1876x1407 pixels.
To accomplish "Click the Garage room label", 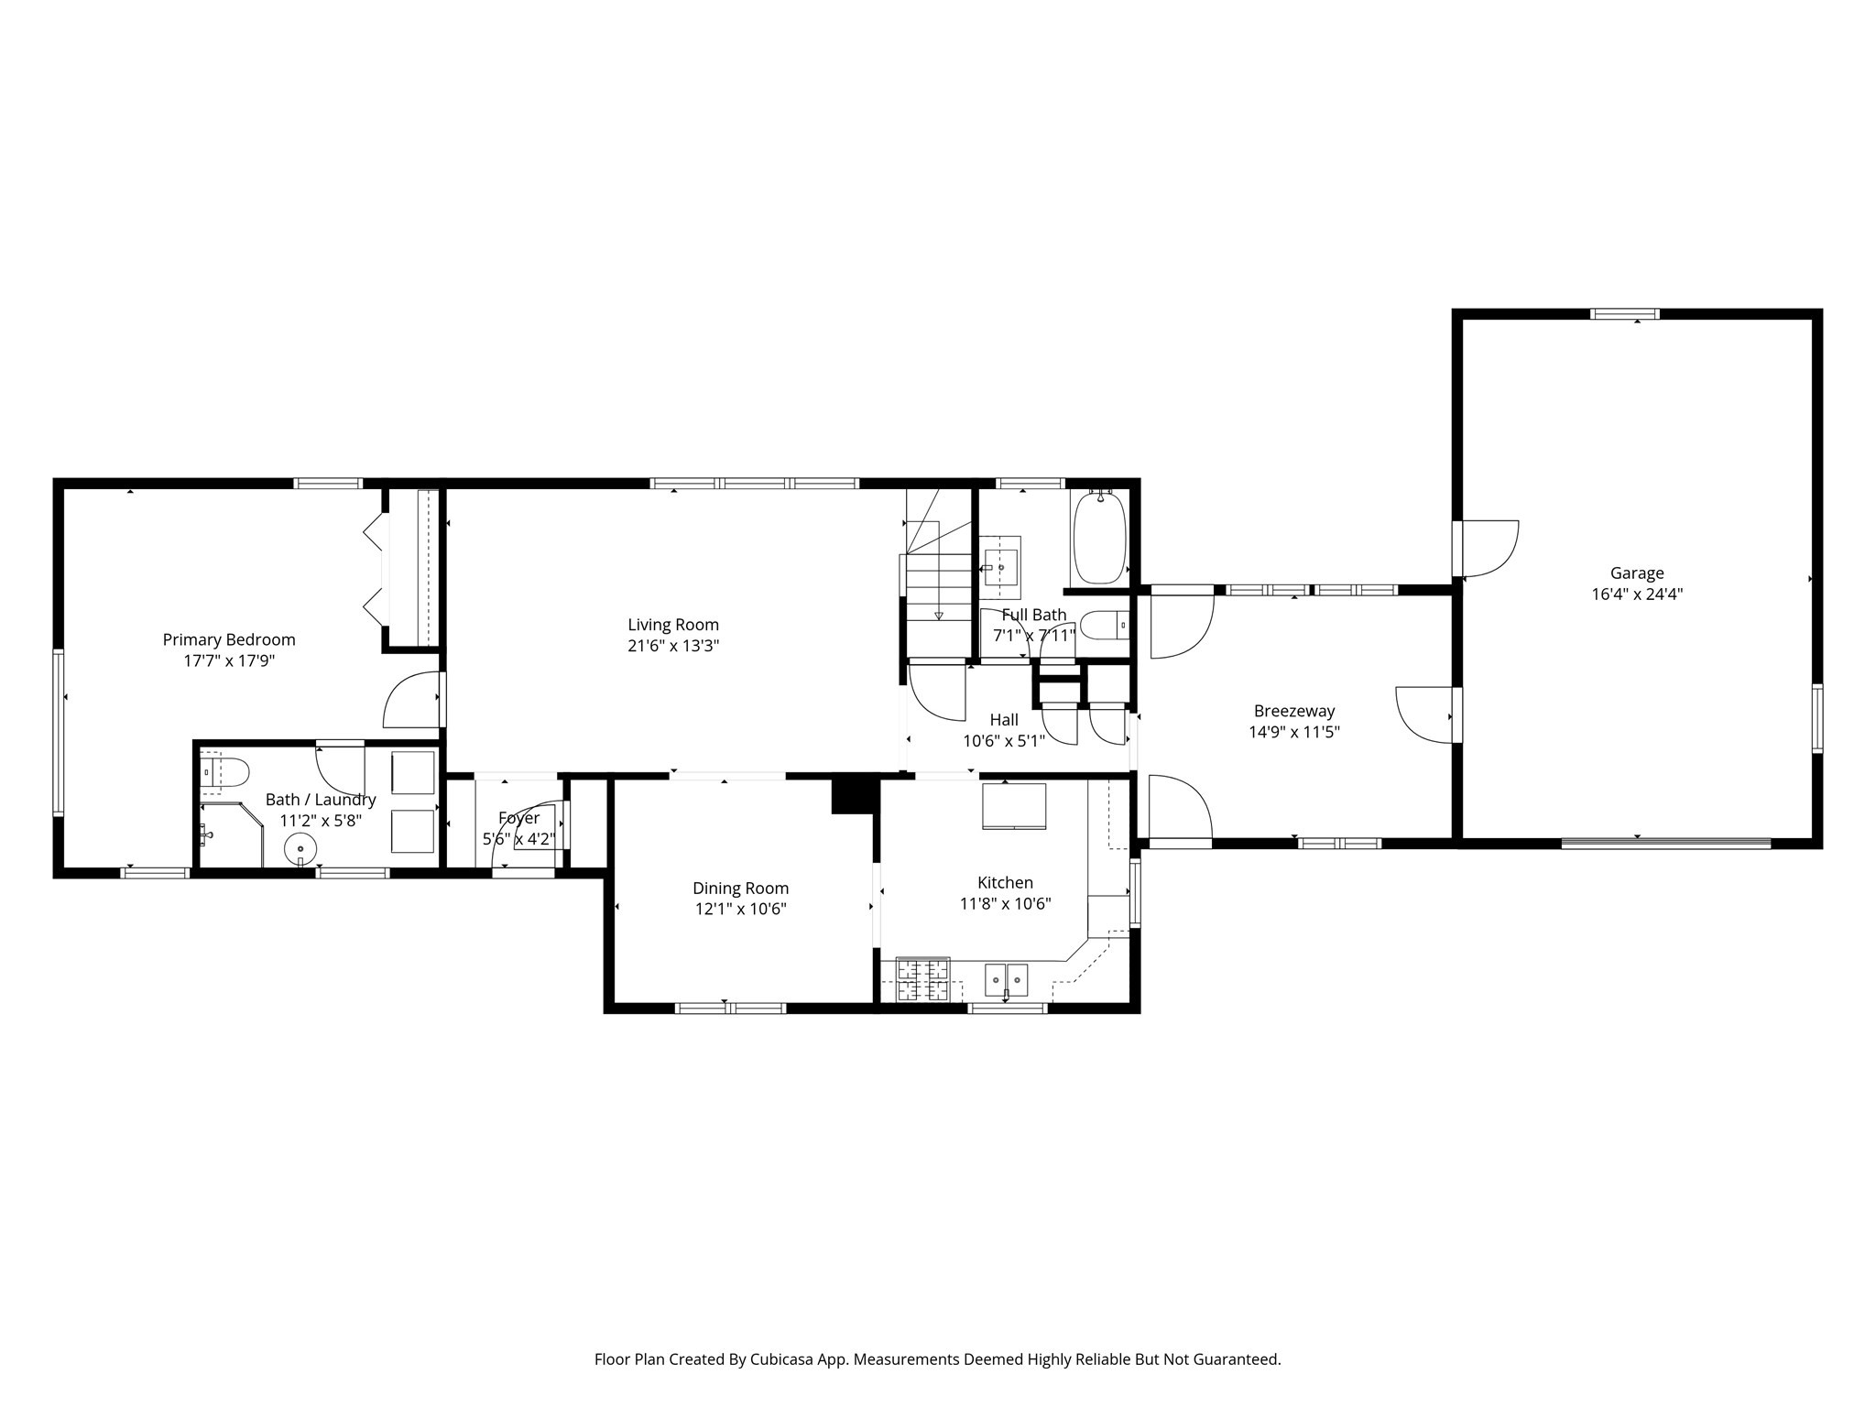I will pos(1636,573).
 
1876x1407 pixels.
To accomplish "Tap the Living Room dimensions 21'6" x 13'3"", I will pos(673,646).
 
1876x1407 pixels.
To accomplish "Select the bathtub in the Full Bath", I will pos(1098,538).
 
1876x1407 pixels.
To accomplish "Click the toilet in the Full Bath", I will pos(1102,627).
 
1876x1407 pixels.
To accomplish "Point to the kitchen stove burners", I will pos(922,979).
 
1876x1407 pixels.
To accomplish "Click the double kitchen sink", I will pos(1006,979).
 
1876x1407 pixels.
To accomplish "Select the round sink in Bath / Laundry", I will pos(300,849).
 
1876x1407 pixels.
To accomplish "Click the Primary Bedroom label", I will pos(229,639).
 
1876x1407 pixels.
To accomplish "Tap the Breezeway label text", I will pos(1293,711).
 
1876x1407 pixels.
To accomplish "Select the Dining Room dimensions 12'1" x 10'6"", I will pos(740,910).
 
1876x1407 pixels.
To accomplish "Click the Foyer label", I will pos(518,818).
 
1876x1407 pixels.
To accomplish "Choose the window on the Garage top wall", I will pos(1624,314).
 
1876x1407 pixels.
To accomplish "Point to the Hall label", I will pos(1003,720).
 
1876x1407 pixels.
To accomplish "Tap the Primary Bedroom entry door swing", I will pos(412,701).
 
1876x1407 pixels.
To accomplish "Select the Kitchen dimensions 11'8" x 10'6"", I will pos(1005,904).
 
